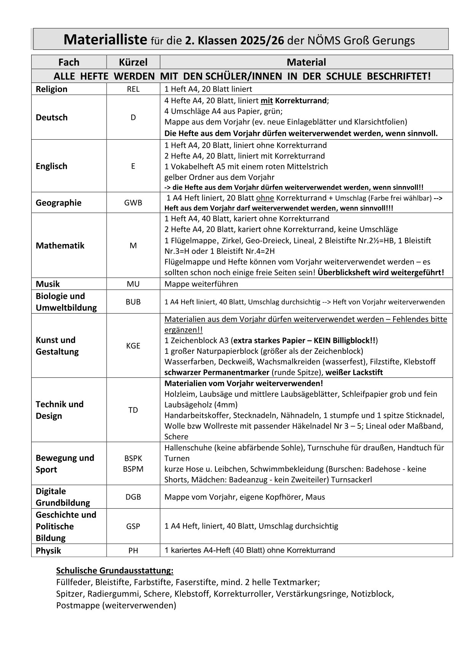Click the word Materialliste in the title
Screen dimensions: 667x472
pos(105,40)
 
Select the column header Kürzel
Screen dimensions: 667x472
pos(133,62)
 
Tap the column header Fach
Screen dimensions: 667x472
pos(69,62)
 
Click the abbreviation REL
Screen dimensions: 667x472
pos(133,89)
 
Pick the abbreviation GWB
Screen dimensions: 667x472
pos(133,203)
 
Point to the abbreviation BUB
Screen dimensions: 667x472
pos(133,302)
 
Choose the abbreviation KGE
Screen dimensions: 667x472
pos(133,346)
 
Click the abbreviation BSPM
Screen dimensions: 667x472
pos(133,469)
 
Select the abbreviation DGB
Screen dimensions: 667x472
pos(133,497)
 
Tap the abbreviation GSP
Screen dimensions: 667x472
pos(133,527)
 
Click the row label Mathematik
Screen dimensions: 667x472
pos(60,246)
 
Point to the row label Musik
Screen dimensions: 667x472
pos(48,284)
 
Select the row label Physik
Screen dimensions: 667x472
pos(48,551)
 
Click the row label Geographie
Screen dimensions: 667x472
pos(59,203)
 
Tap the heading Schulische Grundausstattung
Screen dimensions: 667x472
pos(115,571)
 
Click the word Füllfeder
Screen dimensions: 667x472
pos(74,582)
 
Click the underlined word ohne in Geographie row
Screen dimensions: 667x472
pos(265,198)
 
